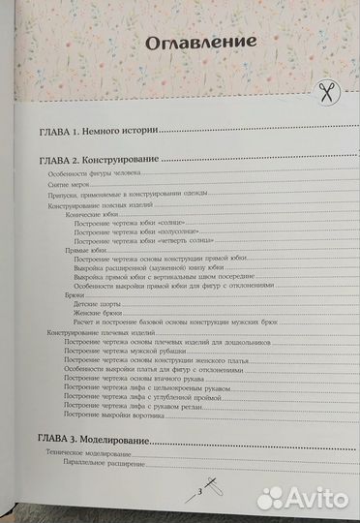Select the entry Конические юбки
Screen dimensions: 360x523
click(x=83, y=218)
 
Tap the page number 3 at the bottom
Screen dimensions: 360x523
click(x=198, y=495)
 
